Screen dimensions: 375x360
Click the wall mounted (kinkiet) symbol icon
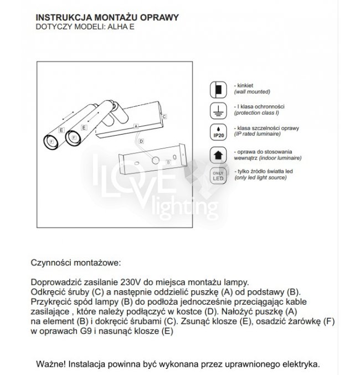point(218,89)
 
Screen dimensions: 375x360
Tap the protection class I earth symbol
point(218,110)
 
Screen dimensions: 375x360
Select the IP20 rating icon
point(218,131)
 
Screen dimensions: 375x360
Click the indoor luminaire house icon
point(218,154)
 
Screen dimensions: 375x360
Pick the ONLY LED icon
point(218,176)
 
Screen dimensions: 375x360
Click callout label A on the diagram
point(135,126)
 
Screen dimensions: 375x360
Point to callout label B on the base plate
point(168,162)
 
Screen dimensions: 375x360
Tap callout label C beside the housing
point(164,116)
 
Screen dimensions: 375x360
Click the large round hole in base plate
point(156,161)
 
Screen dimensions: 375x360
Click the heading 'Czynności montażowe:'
point(75,262)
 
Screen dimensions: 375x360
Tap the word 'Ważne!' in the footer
point(52,364)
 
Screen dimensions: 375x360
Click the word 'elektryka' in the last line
point(299,364)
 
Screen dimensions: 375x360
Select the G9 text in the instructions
point(88,331)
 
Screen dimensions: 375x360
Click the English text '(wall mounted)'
point(253,91)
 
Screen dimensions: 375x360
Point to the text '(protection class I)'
point(256,112)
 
